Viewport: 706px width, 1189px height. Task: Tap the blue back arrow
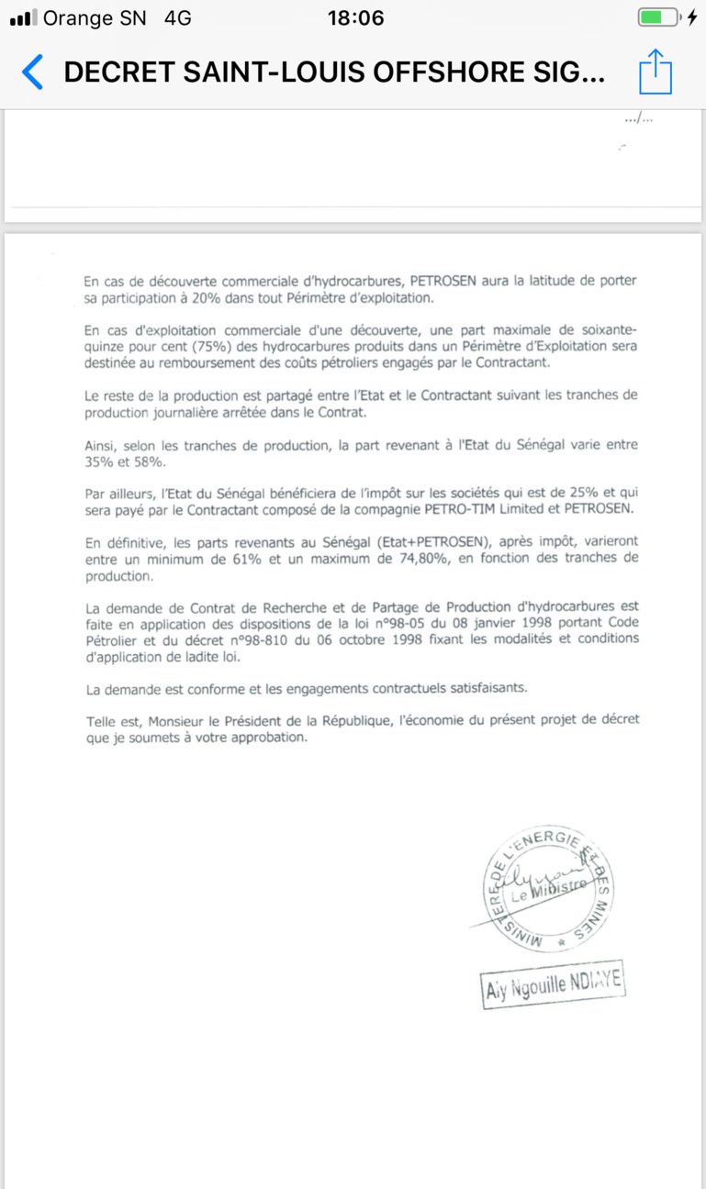[32, 72]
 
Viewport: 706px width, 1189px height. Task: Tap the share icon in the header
[656, 72]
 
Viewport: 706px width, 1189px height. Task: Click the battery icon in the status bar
[658, 17]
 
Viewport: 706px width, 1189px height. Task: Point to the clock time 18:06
[355, 17]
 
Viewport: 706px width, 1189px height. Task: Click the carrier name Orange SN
[95, 17]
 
